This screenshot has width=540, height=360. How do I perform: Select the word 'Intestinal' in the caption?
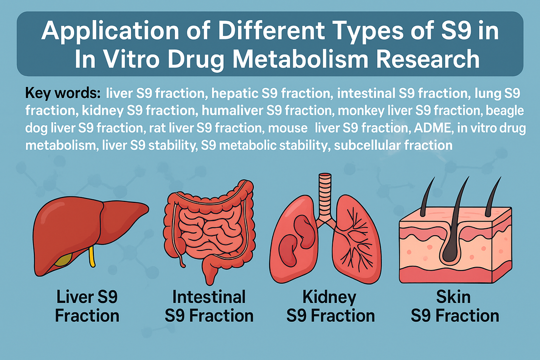pyautogui.click(x=209, y=297)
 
